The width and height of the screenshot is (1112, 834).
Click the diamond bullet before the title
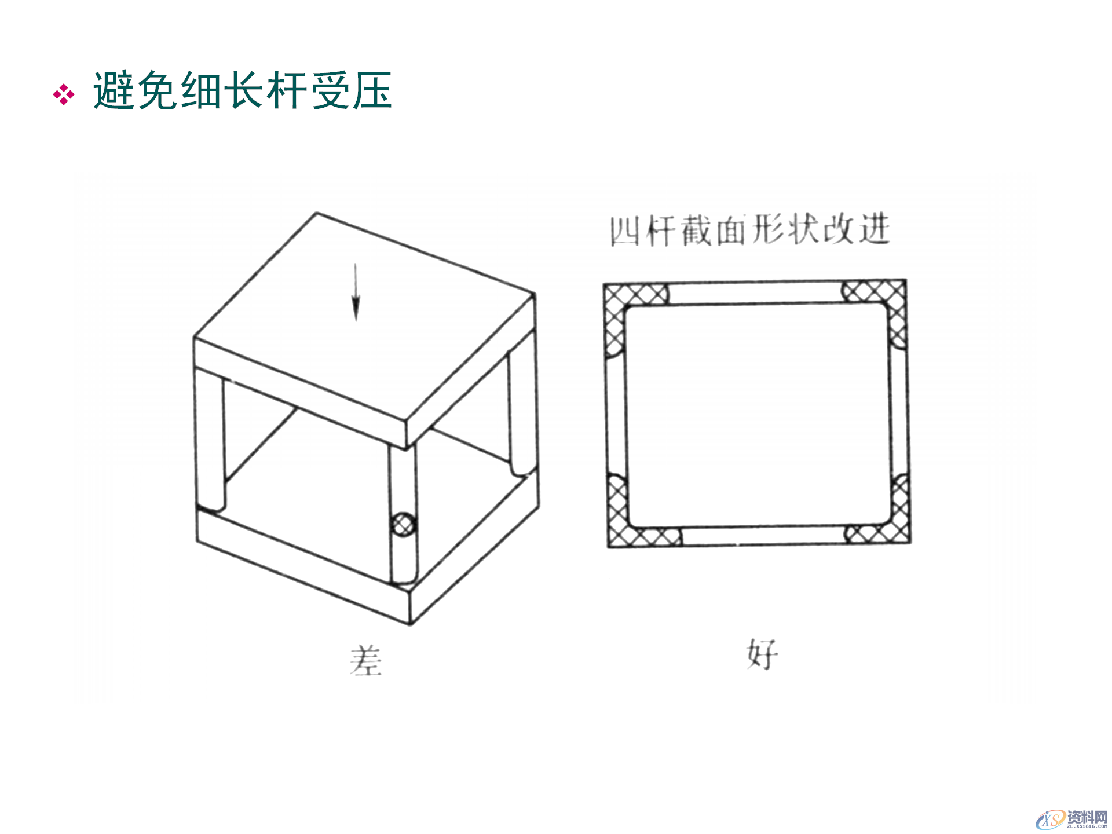[x=64, y=94]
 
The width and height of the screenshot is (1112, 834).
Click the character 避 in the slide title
[x=115, y=91]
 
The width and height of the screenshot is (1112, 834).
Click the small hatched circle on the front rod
[x=404, y=525]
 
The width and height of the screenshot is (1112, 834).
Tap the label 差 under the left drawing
[x=365, y=661]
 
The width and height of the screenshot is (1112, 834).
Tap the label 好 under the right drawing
[x=762, y=654]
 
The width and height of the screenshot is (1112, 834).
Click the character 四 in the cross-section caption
[x=625, y=231]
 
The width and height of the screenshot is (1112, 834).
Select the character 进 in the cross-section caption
[x=875, y=229]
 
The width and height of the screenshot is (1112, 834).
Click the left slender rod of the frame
[x=210, y=440]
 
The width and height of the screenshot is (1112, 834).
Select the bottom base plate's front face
[x=301, y=562]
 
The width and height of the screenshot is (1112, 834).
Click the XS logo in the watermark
[x=1050, y=819]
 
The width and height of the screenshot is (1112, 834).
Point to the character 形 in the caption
[x=768, y=230]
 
